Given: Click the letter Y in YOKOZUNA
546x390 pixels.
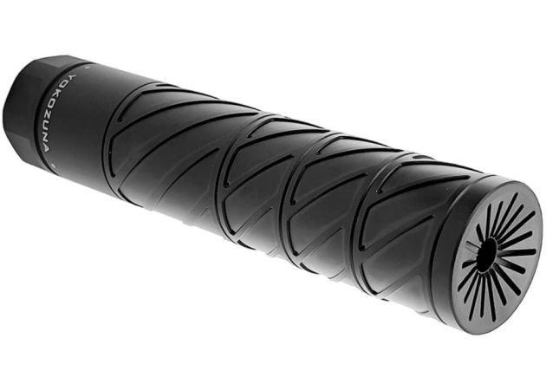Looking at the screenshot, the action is click(x=73, y=76).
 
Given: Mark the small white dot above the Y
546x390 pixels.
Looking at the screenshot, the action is click(x=86, y=66).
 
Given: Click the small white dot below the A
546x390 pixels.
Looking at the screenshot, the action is click(x=53, y=164).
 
